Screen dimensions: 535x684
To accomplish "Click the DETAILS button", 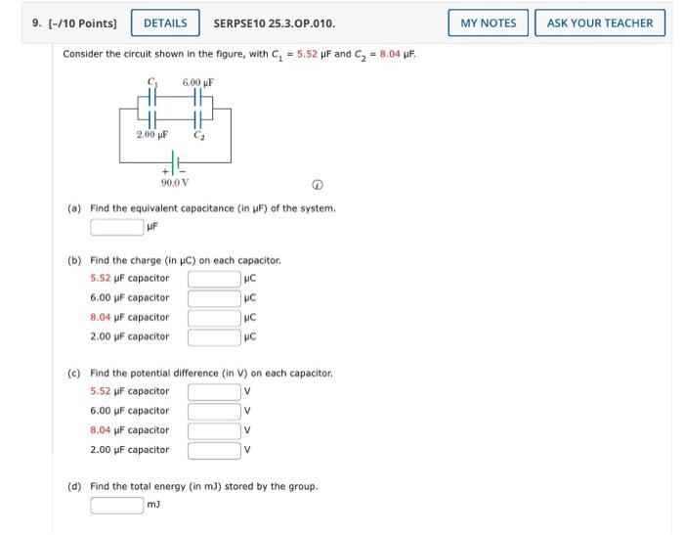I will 165,22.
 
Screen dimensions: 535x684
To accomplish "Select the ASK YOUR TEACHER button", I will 600,22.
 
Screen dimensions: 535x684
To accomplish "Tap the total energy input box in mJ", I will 117,506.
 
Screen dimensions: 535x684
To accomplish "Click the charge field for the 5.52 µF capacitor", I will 214,279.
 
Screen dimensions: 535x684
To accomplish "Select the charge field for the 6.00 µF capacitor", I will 214,298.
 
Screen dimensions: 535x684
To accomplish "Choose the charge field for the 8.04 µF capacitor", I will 214,318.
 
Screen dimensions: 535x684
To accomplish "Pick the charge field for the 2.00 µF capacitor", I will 214,337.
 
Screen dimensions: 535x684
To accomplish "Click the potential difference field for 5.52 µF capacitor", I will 214,392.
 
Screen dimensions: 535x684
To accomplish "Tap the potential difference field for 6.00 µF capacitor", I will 214,412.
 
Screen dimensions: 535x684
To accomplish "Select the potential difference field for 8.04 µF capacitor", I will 214,431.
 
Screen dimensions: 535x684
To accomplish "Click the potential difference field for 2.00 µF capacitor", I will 214,451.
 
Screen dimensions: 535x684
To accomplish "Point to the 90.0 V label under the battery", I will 175,182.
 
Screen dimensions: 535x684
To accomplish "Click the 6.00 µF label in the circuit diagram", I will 197,81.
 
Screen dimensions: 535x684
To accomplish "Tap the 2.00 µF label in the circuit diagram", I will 151,133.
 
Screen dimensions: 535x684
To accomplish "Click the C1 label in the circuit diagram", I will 151,81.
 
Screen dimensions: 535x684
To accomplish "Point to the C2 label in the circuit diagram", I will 199,133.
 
